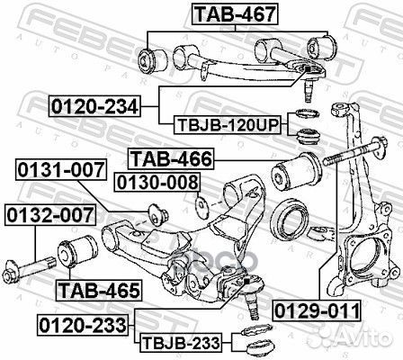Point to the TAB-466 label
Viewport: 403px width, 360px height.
171,159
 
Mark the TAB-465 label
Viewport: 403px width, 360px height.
98,291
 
